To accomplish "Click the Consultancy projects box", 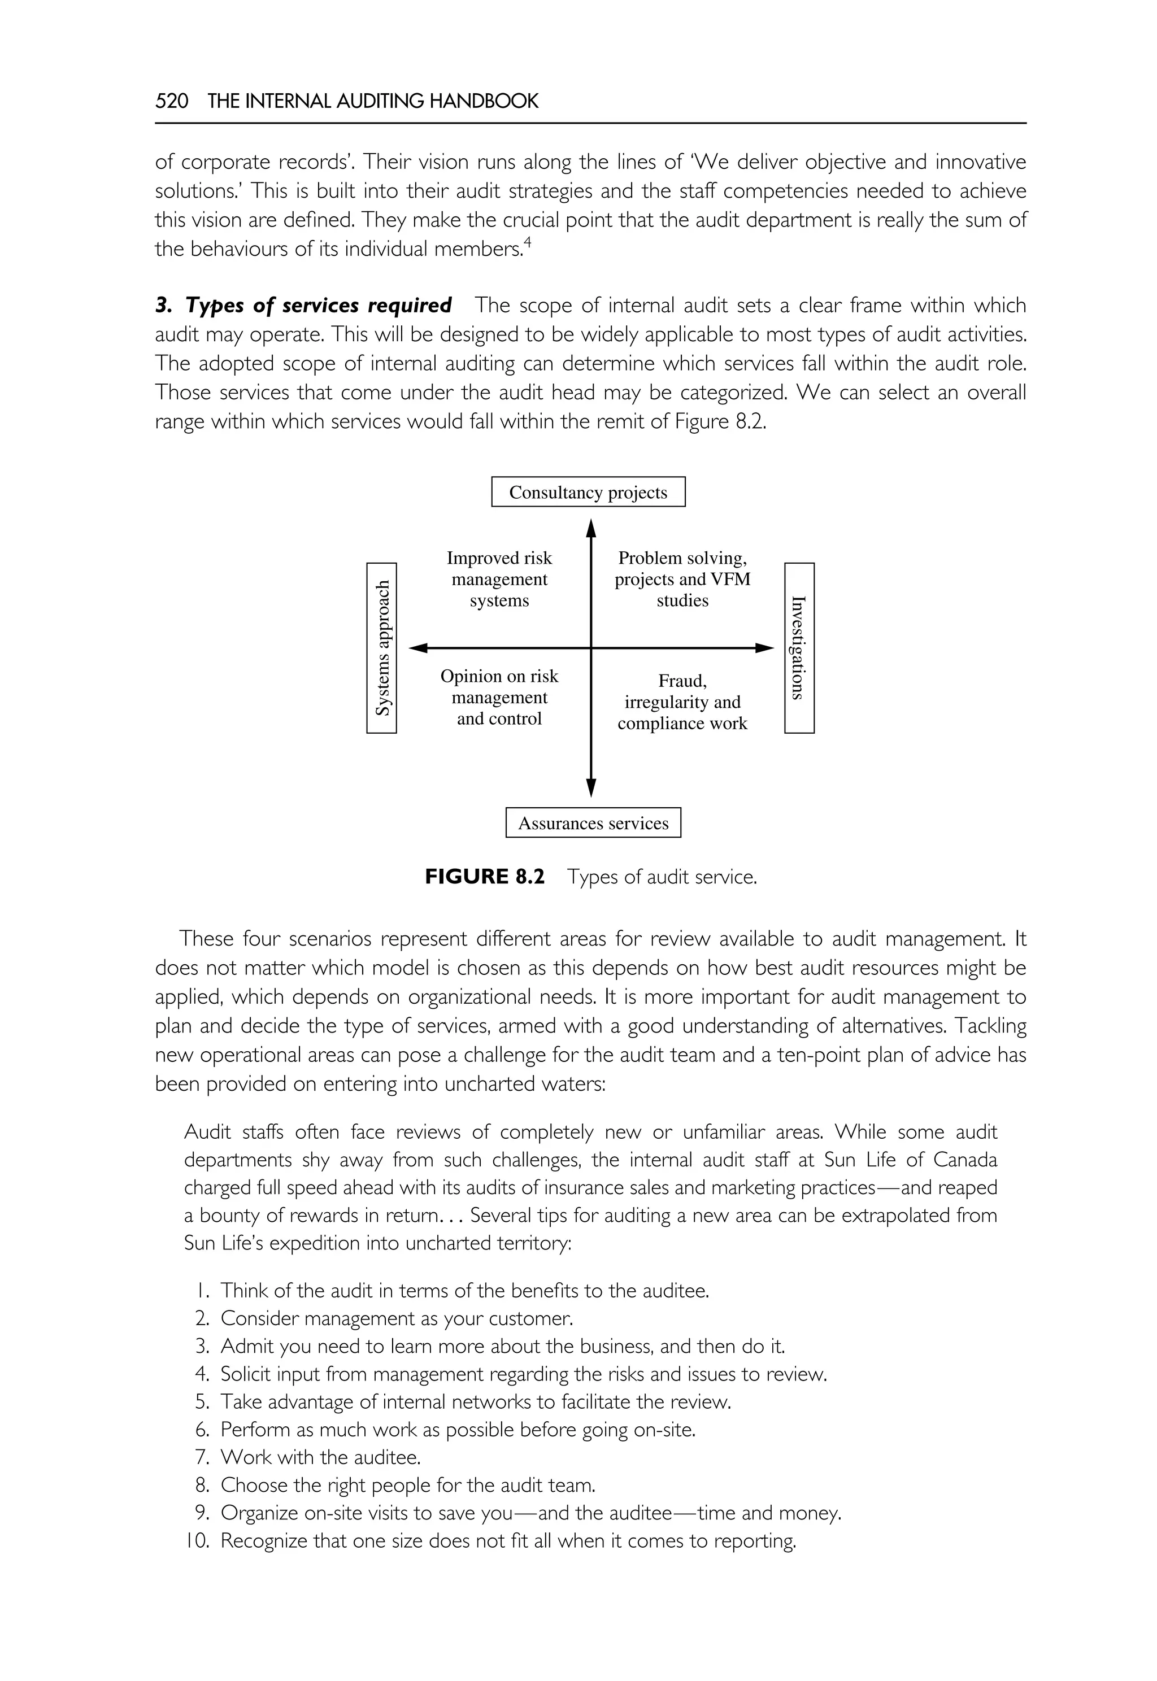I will pos(588,492).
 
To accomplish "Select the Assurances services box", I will pos(593,823).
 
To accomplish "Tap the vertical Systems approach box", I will pos(381,648).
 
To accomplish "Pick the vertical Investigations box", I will pos(799,648).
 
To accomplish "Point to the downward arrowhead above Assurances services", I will pos(591,787).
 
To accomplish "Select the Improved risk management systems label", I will pos(499,579).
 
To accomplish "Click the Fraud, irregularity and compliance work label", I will pos(681,702).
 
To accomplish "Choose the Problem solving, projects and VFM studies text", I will pos(681,579).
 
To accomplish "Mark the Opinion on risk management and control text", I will pos(499,698).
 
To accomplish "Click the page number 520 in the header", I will pos(172,101).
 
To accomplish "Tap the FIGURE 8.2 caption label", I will pos(484,877).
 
